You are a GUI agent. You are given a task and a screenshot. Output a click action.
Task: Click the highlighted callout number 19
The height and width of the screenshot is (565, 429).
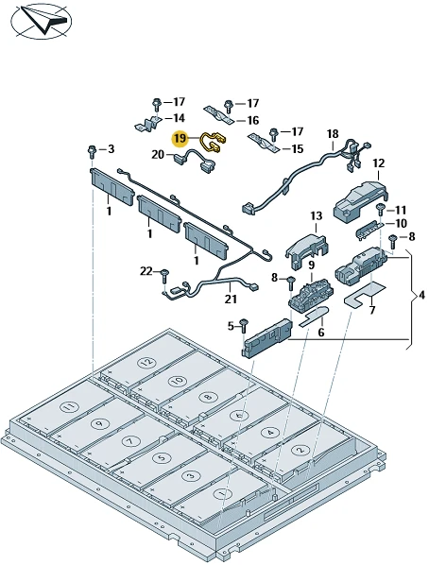click(181, 139)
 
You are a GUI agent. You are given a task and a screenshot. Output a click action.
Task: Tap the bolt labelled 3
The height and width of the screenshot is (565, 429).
click(92, 151)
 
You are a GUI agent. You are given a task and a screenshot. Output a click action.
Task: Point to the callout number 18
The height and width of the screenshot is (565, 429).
click(333, 134)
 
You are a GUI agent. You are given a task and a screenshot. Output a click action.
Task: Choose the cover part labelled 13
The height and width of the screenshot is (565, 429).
click(307, 249)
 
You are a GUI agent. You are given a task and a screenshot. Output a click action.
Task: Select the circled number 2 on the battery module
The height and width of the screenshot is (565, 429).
click(300, 450)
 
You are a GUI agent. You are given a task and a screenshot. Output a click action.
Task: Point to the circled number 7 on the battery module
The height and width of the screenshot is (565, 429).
click(129, 441)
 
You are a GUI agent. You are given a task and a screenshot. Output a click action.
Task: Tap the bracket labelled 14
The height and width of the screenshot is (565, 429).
click(148, 124)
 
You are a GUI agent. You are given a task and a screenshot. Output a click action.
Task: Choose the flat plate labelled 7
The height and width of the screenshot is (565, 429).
click(365, 293)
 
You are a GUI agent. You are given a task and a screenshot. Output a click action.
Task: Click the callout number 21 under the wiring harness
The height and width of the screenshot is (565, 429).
click(231, 299)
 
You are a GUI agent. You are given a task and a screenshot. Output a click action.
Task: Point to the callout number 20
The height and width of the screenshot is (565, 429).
click(158, 155)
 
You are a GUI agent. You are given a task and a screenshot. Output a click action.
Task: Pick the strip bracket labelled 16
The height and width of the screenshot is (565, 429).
click(218, 114)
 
